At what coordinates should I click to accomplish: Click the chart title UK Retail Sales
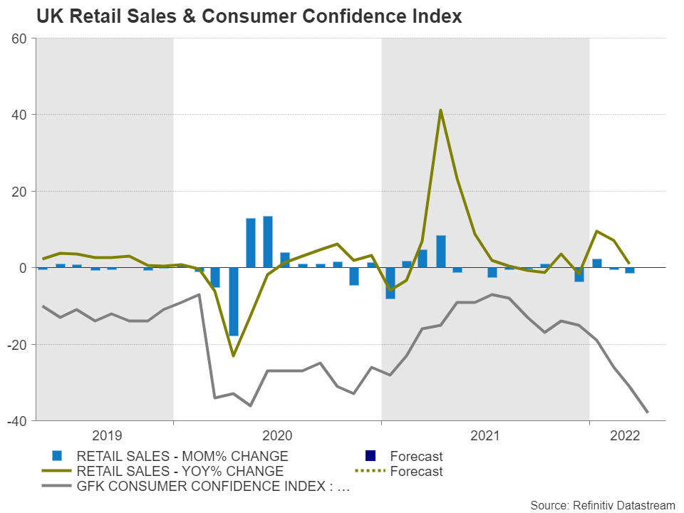pyautogui.click(x=249, y=16)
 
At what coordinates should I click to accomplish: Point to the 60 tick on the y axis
pyautogui.click(x=19, y=38)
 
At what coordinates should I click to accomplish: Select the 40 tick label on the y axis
pyautogui.click(x=19, y=115)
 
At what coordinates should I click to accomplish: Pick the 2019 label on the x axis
pyautogui.click(x=107, y=435)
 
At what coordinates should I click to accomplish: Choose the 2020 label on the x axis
pyautogui.click(x=277, y=435)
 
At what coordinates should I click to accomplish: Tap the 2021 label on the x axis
pyautogui.click(x=485, y=435)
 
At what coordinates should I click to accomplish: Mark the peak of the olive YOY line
pyautogui.click(x=440, y=110)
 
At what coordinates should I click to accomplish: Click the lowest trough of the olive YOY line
pyautogui.click(x=233, y=356)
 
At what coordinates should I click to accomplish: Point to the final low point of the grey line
pyautogui.click(x=647, y=412)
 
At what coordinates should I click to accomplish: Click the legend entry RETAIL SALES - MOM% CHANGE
pyautogui.click(x=182, y=456)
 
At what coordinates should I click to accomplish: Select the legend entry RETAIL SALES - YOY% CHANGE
pyautogui.click(x=180, y=471)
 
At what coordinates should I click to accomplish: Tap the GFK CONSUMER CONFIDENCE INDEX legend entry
pyautogui.click(x=212, y=487)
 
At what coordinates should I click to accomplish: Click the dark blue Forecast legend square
pyautogui.click(x=370, y=456)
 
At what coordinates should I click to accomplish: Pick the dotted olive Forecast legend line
pyautogui.click(x=370, y=471)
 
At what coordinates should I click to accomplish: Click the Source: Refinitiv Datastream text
pyautogui.click(x=602, y=504)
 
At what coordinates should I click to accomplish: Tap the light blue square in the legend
pyautogui.click(x=58, y=456)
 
